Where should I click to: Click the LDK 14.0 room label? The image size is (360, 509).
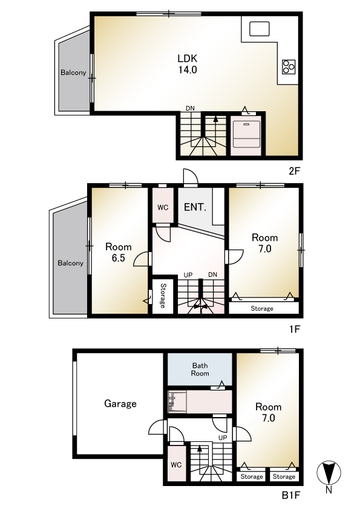(188, 64)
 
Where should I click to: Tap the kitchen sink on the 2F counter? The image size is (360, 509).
(260, 28)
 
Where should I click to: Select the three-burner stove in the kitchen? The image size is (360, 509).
(289, 67)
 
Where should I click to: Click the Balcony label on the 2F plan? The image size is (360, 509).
(73, 73)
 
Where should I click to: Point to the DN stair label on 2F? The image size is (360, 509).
(190, 108)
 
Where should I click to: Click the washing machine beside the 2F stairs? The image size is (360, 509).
(247, 134)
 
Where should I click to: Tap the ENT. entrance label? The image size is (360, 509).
(195, 207)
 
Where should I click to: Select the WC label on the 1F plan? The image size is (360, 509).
(163, 207)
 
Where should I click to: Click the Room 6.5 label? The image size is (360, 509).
(118, 252)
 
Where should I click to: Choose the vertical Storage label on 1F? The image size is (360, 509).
(163, 296)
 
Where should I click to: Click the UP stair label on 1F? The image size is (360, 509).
(188, 275)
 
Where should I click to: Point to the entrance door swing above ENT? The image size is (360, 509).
(191, 177)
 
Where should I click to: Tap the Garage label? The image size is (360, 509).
(120, 403)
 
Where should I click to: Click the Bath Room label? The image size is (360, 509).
(200, 369)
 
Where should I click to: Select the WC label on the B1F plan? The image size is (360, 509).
(176, 465)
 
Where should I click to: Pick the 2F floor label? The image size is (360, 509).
(294, 170)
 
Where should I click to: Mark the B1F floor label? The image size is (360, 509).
(291, 495)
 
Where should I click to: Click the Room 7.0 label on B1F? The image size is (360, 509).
(269, 412)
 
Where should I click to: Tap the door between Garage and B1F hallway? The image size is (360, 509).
(157, 427)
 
